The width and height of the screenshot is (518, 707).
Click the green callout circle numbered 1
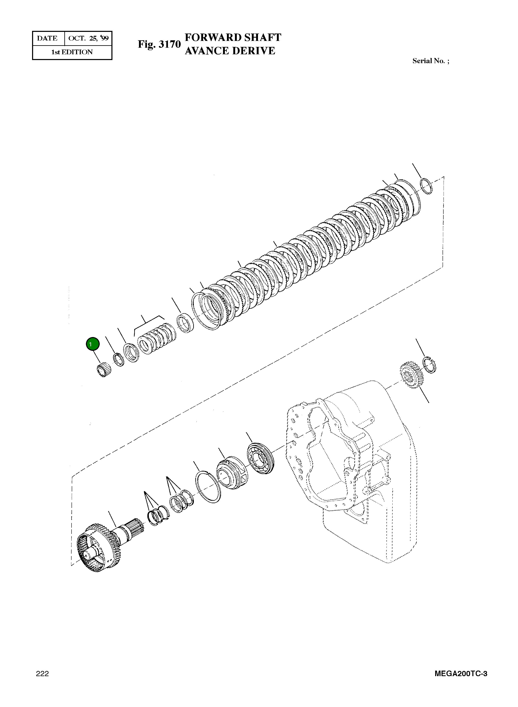click(92, 344)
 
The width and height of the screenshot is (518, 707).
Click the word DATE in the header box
click(47, 38)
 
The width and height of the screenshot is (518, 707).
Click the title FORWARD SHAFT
click(233, 38)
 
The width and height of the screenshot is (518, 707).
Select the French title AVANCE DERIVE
click(230, 51)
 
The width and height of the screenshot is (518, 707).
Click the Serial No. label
click(430, 61)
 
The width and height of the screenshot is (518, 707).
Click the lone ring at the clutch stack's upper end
click(426, 186)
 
